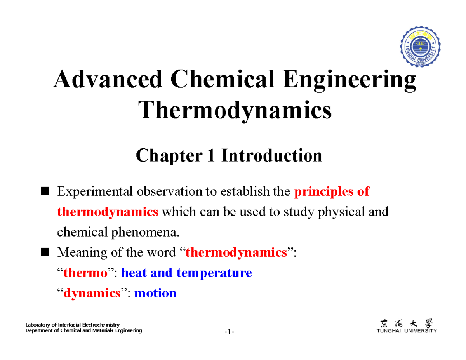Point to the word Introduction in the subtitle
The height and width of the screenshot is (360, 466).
click(x=272, y=156)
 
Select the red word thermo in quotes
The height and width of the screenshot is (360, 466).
click(x=85, y=273)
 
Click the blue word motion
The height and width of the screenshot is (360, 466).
click(x=155, y=293)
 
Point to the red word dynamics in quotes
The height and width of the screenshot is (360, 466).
click(x=92, y=293)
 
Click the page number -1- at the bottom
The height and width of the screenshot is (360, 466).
click(x=229, y=332)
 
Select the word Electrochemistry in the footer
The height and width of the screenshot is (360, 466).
click(x=102, y=325)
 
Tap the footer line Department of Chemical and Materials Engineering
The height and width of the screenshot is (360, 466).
click(x=83, y=330)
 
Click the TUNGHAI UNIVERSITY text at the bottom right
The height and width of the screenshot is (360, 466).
click(x=407, y=331)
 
